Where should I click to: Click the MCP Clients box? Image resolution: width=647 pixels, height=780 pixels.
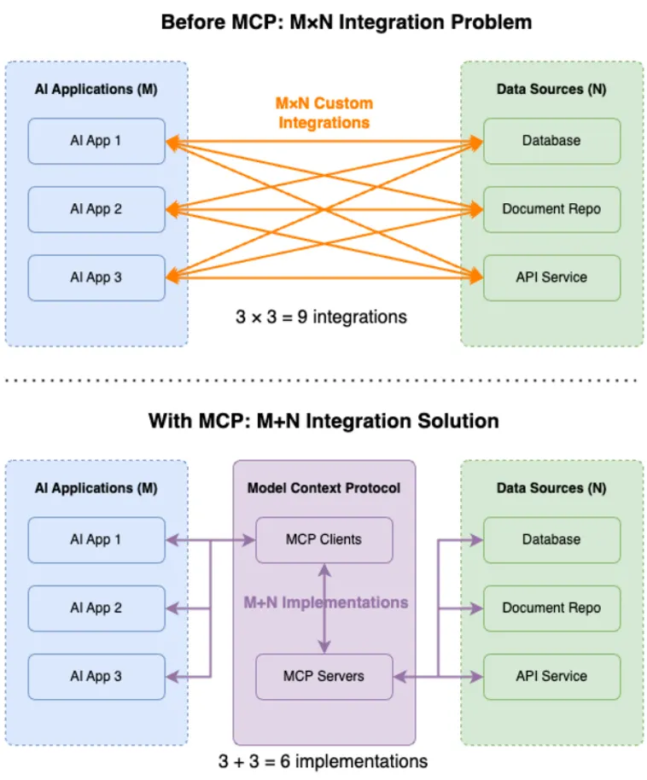click(x=323, y=539)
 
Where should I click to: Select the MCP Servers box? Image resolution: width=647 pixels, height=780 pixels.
click(x=323, y=676)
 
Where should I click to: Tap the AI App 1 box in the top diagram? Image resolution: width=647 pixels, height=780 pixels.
click(x=96, y=141)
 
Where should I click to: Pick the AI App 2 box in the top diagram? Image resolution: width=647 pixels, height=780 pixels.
click(x=96, y=209)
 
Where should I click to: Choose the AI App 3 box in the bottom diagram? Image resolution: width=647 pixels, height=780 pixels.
click(x=96, y=676)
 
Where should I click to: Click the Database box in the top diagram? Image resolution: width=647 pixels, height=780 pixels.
click(x=551, y=141)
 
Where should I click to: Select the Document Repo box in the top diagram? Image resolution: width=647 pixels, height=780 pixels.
click(x=551, y=209)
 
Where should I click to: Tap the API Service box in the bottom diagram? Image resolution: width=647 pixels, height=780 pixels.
click(x=551, y=676)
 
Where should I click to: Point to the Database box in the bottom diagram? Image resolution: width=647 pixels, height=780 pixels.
click(x=551, y=539)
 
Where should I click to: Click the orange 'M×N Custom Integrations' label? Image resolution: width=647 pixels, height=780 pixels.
click(x=323, y=113)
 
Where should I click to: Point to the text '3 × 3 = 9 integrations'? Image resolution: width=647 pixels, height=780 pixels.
click(x=321, y=317)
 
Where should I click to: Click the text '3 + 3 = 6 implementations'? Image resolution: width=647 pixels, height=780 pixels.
click(x=323, y=760)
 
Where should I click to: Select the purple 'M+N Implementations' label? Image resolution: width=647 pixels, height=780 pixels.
click(x=325, y=602)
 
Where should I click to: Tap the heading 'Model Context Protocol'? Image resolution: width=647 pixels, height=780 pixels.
click(x=323, y=488)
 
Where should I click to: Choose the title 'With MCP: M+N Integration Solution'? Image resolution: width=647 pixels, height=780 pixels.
click(x=323, y=421)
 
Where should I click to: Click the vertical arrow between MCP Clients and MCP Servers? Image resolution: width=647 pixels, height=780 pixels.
click(x=324, y=632)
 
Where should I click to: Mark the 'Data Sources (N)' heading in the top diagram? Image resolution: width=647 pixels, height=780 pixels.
click(x=551, y=89)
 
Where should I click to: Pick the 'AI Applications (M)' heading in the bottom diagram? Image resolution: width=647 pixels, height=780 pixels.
click(x=96, y=488)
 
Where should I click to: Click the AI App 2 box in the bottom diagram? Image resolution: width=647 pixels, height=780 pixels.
click(x=96, y=608)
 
